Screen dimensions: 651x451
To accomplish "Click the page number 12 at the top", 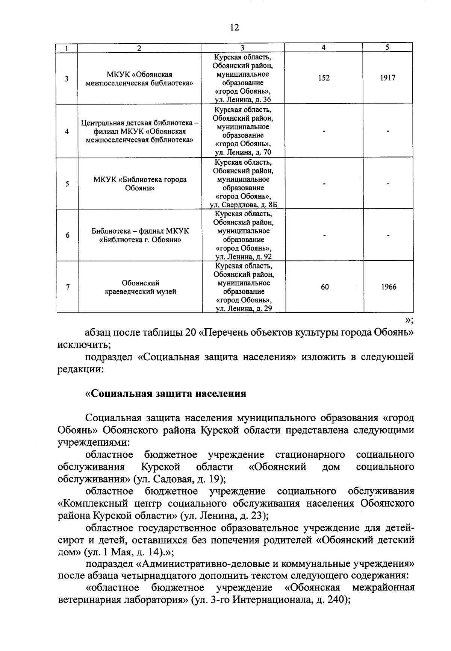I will pos(234,27).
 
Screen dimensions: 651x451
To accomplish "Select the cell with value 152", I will pos(323,78).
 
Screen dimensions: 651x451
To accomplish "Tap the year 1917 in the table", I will pos(387,78).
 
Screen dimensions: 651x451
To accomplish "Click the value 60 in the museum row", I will pos(325,287).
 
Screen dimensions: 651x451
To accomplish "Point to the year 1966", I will pos(388,287).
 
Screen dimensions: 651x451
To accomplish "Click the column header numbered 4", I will pos(323,47).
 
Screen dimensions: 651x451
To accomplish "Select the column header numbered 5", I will pos(387,47).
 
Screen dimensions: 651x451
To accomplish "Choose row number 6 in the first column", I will pos(67,235).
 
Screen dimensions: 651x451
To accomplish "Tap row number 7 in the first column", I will pos(67,287).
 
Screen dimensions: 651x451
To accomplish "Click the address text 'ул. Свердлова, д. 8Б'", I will pos(243,205).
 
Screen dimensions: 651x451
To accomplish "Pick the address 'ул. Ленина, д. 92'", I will pos(243,257).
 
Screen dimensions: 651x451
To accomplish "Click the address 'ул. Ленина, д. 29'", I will pos(244,309).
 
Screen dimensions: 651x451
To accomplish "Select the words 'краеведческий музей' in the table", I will pos(140,291).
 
